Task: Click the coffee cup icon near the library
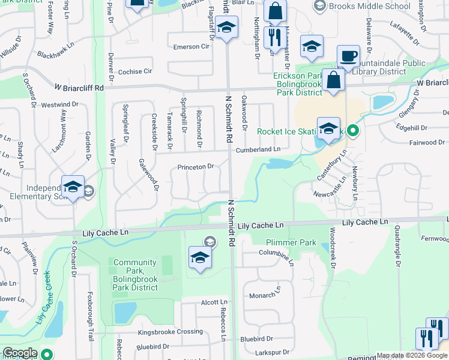pyautogui.click(x=348, y=56)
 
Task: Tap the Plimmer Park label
pyautogui.click(x=291, y=242)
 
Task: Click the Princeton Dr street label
pyautogui.click(x=195, y=167)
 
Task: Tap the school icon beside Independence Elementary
pyautogui.click(x=73, y=187)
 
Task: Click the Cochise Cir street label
pyautogui.click(x=135, y=71)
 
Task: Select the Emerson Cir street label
pyautogui.click(x=191, y=47)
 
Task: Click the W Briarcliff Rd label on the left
pyautogui.click(x=79, y=88)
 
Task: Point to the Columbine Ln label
pyautogui.click(x=277, y=254)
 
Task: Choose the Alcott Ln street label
pyautogui.click(x=214, y=302)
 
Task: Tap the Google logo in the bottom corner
pyautogui.click(x=20, y=353)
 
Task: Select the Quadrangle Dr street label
pyautogui.click(x=397, y=245)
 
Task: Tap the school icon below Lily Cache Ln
pyautogui.click(x=199, y=258)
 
